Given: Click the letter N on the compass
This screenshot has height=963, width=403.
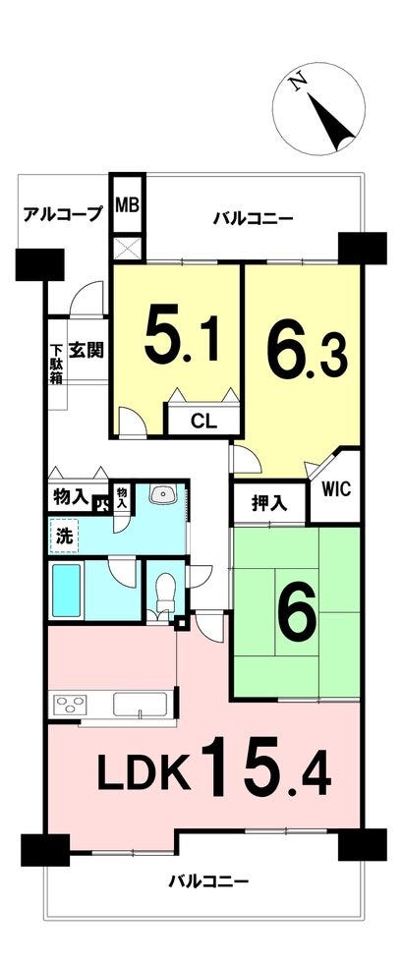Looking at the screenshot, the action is pos(298,83).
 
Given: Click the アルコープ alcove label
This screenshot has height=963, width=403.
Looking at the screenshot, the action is pos(62,214).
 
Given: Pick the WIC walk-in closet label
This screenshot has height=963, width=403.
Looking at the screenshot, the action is pos(335,489).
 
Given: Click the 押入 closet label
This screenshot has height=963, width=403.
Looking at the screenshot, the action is pos(268,503).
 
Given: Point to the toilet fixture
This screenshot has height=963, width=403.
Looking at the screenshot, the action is pos(165,594).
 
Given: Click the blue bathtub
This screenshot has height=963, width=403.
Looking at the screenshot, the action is pos(67,590).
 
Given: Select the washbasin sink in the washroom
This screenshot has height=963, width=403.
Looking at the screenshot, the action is pos(164,495).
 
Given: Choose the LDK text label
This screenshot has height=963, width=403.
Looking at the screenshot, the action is pos(144,775).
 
